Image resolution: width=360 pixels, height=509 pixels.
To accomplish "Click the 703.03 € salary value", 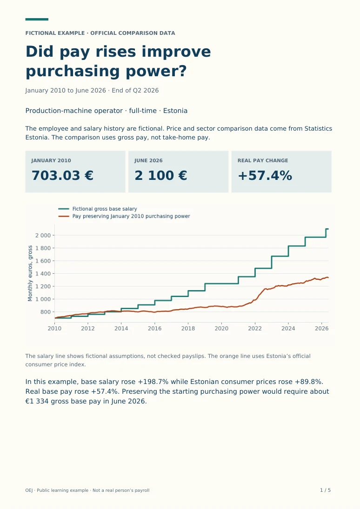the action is click(62, 176).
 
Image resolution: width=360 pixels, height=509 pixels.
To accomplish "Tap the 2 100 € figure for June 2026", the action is click(161, 176).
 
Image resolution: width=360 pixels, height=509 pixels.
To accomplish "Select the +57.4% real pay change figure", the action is click(265, 176).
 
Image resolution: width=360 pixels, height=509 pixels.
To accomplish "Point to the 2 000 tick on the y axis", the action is click(43, 235).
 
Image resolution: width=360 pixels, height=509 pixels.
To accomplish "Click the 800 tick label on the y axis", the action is click(46, 312).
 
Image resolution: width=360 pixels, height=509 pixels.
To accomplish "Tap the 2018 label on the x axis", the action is click(188, 329).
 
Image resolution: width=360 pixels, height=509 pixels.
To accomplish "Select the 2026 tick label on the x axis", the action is click(322, 329).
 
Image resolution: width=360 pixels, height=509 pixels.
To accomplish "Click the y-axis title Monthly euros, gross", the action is click(30, 273).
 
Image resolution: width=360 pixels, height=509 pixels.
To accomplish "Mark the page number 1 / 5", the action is click(325, 490).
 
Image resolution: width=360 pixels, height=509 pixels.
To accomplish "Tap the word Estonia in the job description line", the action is click(175, 111).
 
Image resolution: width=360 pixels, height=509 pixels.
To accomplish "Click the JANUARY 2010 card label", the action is click(51, 160).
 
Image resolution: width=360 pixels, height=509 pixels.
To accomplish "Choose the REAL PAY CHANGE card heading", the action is click(263, 160).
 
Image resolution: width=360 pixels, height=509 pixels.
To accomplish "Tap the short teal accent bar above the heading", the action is click(37, 20).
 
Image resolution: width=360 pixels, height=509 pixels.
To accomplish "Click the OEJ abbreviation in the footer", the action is click(29, 490).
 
